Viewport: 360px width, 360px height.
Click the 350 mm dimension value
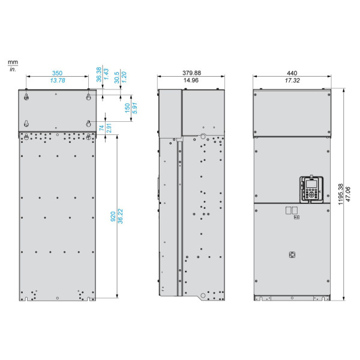[x=57, y=73]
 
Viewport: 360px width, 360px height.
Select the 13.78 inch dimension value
[x=58, y=80]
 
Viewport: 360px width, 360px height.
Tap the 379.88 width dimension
[x=191, y=73]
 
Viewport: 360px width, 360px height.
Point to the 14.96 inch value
[x=191, y=80]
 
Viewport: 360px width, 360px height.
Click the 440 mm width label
[x=292, y=73]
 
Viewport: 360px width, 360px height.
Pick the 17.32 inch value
[x=292, y=80]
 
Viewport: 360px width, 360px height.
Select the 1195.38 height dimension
[x=341, y=194]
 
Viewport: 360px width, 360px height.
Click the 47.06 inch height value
[x=348, y=194]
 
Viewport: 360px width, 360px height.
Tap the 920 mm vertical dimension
[x=113, y=217]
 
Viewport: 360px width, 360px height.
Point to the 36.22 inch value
[x=121, y=216]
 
